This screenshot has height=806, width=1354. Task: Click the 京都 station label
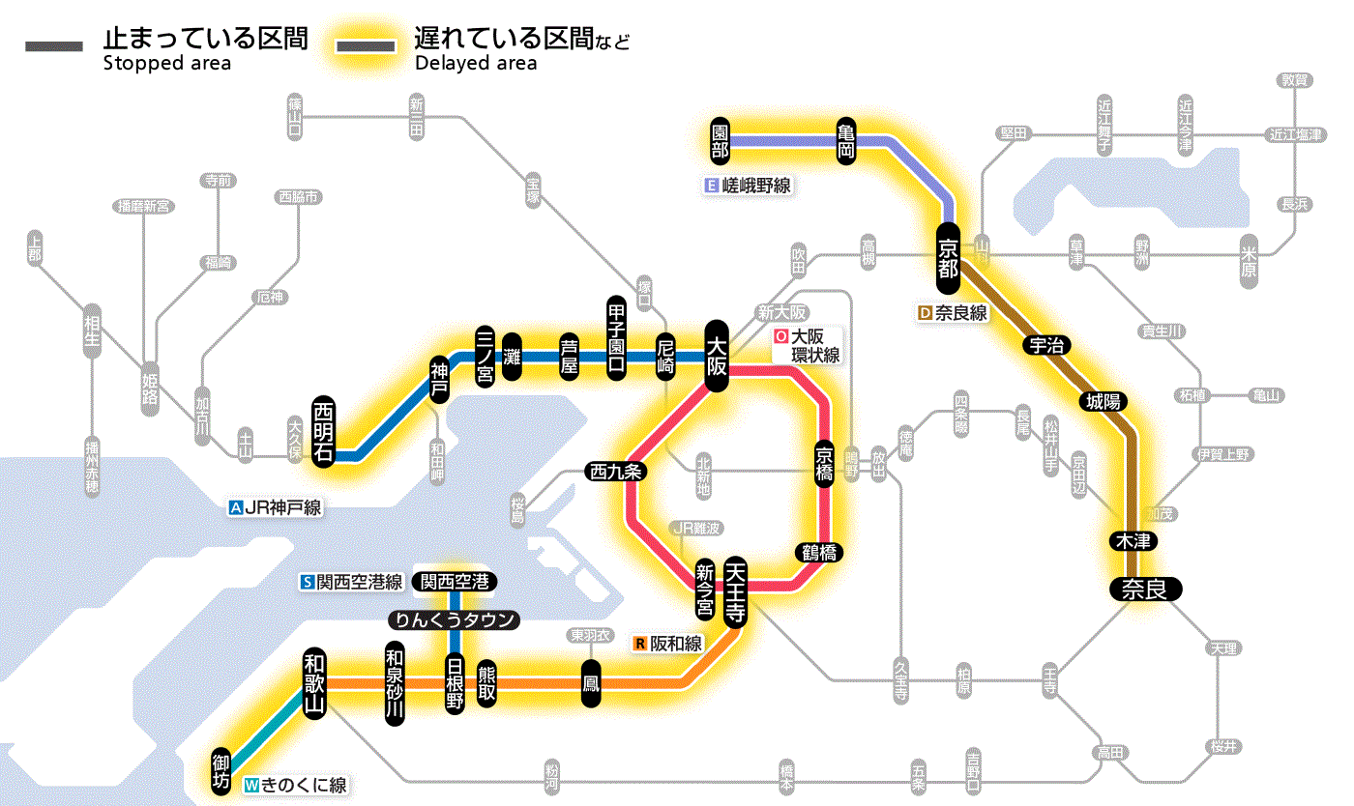[x=948, y=255]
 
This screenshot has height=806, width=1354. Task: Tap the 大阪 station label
[x=717, y=356]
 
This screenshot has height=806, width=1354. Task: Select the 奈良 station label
[x=1144, y=589]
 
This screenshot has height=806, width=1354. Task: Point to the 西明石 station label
[x=323, y=431]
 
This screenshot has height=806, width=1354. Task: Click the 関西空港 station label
[x=454, y=582]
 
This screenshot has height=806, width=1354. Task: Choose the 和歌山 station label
[x=314, y=681]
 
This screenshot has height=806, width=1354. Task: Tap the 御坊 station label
[x=222, y=770]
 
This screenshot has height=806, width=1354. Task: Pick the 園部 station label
[x=720, y=141]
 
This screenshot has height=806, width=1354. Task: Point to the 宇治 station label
[x=1047, y=345]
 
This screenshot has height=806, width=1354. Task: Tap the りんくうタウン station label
[x=454, y=620]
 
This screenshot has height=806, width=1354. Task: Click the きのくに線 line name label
[x=304, y=785]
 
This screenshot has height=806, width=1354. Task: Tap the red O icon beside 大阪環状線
[x=780, y=337]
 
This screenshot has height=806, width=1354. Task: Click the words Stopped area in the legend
[x=166, y=64]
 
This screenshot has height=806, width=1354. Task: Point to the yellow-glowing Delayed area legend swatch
[x=366, y=46]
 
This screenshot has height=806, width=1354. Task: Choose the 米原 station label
[x=1249, y=260]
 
